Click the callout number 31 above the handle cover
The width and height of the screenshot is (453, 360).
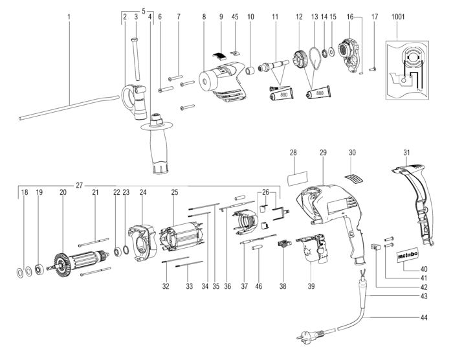406,152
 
